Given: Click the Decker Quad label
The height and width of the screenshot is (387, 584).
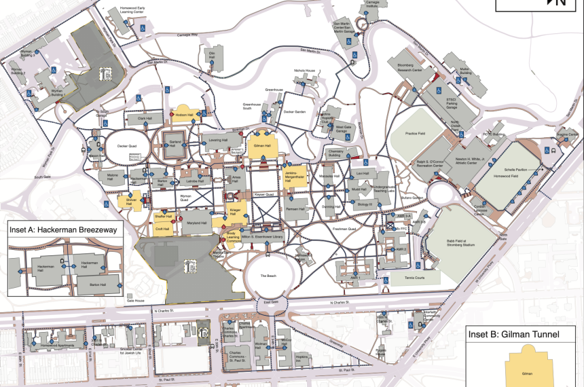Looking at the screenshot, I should [x=127, y=145].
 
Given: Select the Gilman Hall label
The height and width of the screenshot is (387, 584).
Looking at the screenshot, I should [x=262, y=146].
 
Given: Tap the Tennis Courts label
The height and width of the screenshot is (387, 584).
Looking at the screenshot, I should [x=415, y=276].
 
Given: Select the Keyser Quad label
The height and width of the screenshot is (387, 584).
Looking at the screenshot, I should [x=264, y=193].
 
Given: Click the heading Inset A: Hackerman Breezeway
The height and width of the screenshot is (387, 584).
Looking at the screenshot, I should [x=63, y=230].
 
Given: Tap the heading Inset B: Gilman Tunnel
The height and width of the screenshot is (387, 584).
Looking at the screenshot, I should [x=511, y=335].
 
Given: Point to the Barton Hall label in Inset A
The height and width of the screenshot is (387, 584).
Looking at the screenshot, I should [x=99, y=284].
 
